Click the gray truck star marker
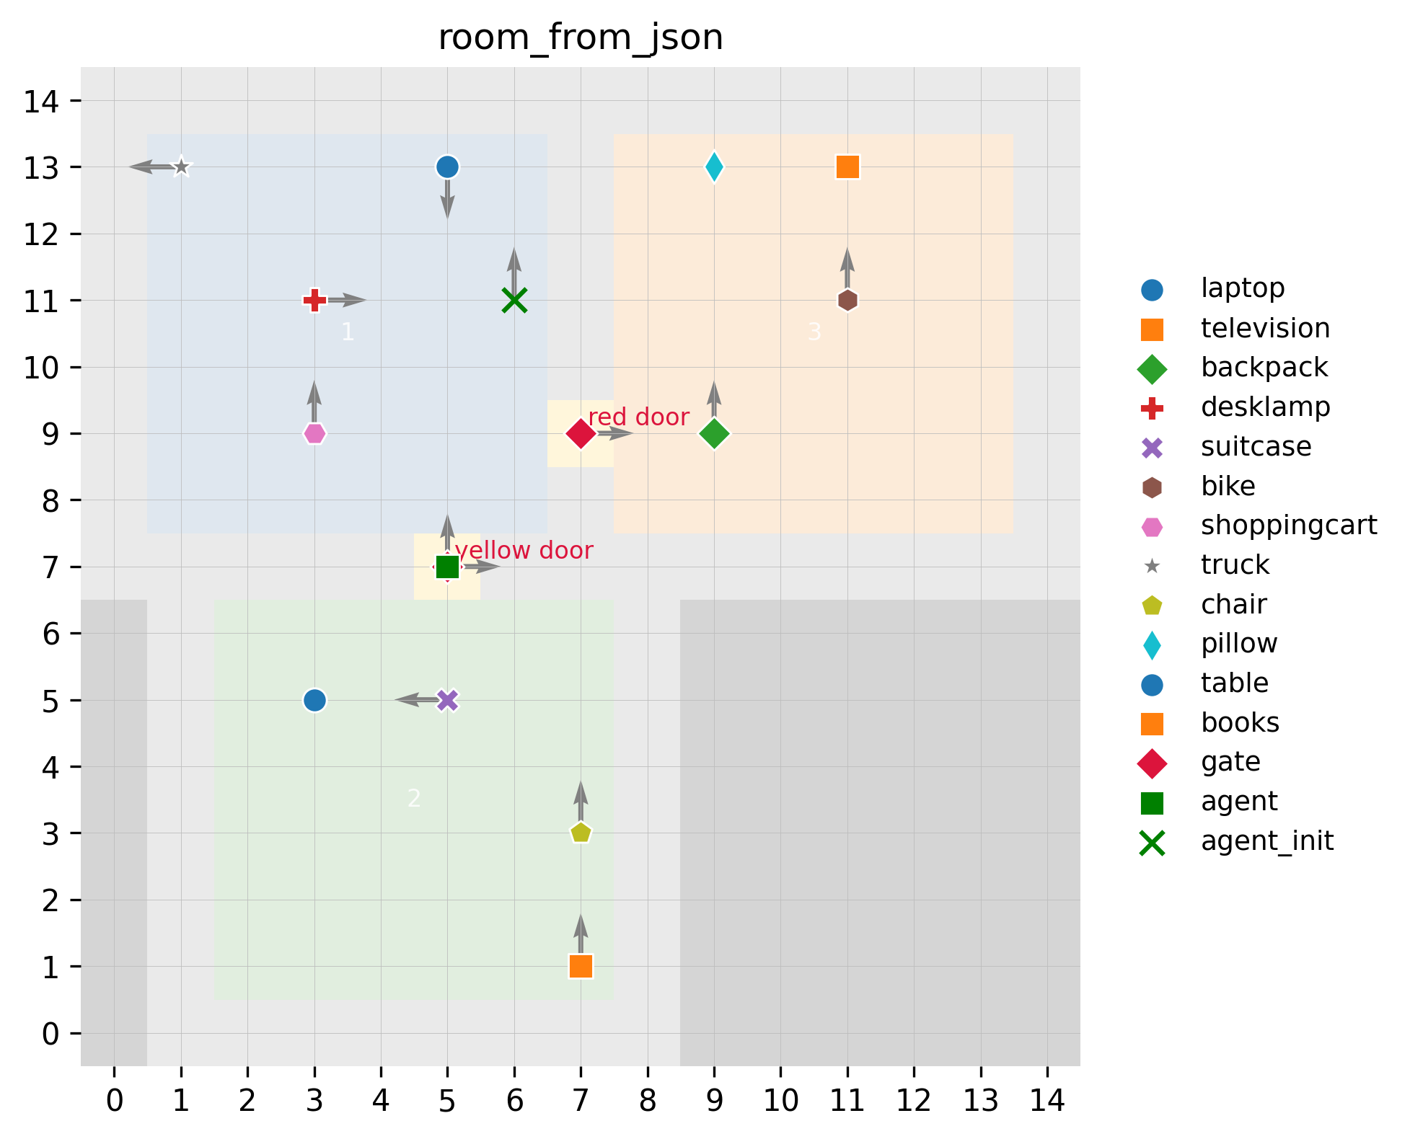[181, 167]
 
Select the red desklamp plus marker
[314, 300]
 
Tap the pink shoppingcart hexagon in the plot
[314, 433]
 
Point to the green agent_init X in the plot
[514, 300]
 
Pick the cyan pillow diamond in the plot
[714, 167]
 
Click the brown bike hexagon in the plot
[847, 300]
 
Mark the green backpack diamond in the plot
[714, 433]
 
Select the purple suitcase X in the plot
[447, 700]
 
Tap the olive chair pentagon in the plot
[581, 833]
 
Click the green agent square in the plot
[447, 567]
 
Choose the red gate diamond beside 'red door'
[581, 433]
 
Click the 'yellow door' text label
[524, 551]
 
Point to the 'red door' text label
[638, 417]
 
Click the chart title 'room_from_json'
[581, 37]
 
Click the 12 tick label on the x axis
[914, 1101]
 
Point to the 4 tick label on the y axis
[50, 767]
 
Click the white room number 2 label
[414, 799]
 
